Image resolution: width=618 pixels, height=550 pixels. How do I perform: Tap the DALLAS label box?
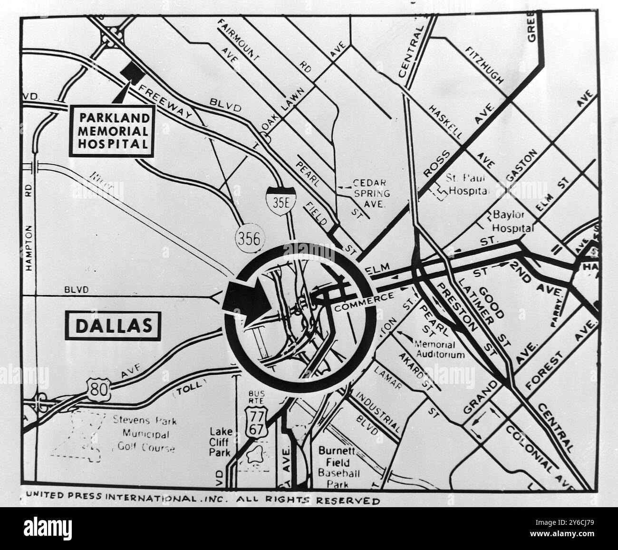point(114,326)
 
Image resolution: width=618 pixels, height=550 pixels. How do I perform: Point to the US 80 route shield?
point(99,389)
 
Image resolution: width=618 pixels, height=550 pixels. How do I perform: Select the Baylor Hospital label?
point(513,222)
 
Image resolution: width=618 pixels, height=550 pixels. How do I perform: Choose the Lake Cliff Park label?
point(221,441)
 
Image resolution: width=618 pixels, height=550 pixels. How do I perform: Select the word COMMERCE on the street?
point(364,303)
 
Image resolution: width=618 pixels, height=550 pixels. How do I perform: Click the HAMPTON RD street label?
point(29,224)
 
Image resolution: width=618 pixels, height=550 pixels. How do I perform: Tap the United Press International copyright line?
point(203,499)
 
